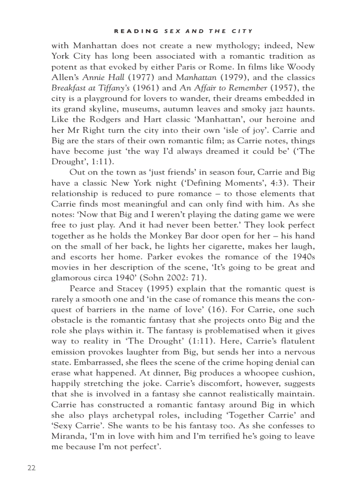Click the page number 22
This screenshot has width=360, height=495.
tap(31, 468)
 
